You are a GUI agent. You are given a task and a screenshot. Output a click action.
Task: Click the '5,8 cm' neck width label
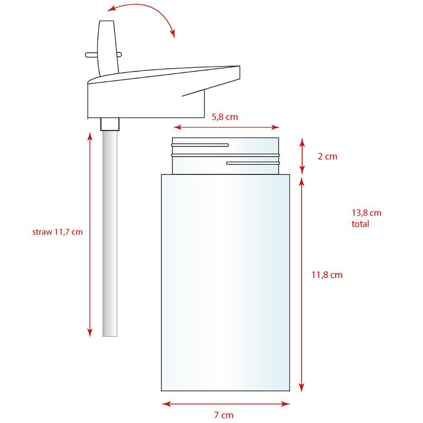click(x=225, y=117)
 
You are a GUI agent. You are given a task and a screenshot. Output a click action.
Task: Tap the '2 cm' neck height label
click(x=327, y=157)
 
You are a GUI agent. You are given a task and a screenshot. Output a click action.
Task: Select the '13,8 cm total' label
click(x=366, y=218)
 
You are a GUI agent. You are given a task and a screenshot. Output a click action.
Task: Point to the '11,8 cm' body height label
click(x=327, y=275)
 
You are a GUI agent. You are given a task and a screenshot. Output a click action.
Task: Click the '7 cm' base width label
click(x=224, y=415)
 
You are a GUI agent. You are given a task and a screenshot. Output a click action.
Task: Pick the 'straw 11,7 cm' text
click(x=58, y=232)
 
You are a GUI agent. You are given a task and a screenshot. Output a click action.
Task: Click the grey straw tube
click(x=110, y=234)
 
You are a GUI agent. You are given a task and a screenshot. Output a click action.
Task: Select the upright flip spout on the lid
click(x=108, y=48)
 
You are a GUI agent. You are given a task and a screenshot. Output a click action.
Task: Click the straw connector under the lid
click(x=110, y=124)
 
